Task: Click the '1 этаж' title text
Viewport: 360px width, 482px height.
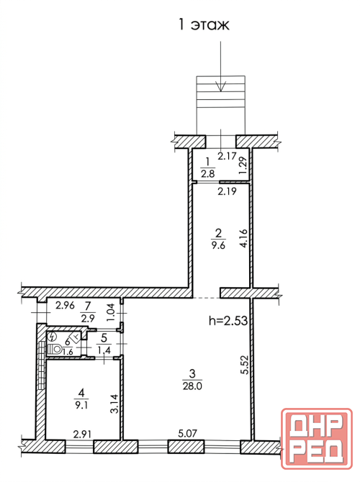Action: point(204,25)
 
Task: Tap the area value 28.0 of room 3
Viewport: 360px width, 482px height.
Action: point(192,386)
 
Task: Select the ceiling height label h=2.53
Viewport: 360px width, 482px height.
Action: point(228,321)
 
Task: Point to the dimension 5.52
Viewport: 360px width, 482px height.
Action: point(244,364)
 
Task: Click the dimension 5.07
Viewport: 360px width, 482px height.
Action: point(187,434)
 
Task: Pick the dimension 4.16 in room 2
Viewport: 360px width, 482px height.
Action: point(243,238)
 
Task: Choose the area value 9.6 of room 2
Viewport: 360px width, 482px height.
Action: point(218,245)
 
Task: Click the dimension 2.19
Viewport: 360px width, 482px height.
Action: point(227,191)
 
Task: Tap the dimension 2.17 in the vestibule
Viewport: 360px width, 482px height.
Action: point(227,156)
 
